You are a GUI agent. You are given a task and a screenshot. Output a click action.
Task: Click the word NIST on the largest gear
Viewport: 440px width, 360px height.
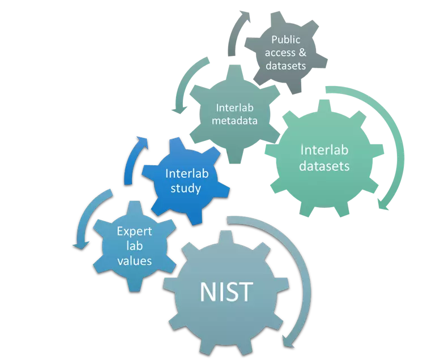(226, 292)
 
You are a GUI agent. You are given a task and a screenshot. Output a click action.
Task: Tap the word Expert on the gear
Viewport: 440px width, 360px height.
(134, 232)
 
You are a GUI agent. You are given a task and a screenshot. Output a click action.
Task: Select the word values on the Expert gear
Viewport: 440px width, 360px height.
(134, 261)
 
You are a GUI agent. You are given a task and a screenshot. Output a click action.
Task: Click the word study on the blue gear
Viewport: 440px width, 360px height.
(186, 188)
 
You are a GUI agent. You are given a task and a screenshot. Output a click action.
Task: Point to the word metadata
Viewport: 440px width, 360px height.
(234, 121)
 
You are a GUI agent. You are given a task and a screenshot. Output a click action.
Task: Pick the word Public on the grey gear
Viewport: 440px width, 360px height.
(285, 40)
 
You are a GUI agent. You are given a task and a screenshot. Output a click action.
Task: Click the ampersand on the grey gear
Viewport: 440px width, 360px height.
(302, 53)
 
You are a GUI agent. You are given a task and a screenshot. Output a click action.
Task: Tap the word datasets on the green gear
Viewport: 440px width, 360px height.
(324, 166)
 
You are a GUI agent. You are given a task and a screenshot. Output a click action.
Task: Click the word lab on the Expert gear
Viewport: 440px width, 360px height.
(134, 246)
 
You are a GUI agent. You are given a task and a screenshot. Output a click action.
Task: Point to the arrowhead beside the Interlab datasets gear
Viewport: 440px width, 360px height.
(383, 204)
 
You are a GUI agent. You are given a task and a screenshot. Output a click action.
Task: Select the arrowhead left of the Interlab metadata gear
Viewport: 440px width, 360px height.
(180, 110)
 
